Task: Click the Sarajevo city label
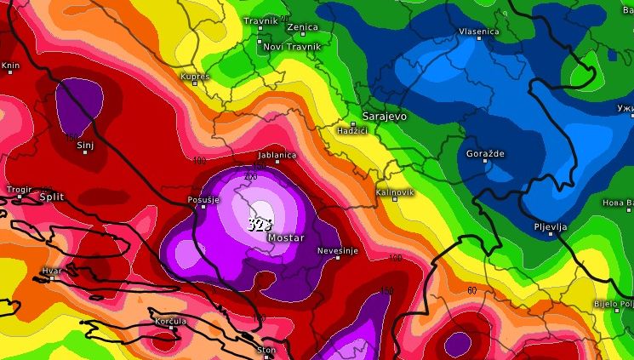[x=384, y=116]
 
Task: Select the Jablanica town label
[x=277, y=155]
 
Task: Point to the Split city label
[x=51, y=197]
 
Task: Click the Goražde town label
[x=485, y=153]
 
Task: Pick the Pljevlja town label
[x=551, y=228]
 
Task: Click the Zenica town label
[x=302, y=27]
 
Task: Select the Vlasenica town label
[x=478, y=31]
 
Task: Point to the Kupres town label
[x=194, y=77]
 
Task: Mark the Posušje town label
[x=203, y=200]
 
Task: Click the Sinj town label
[x=84, y=146]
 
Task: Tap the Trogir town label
[x=18, y=189]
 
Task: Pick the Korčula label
[x=170, y=321]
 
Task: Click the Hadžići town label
[x=351, y=130]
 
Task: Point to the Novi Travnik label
[x=292, y=46]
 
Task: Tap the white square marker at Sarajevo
[x=353, y=124]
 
